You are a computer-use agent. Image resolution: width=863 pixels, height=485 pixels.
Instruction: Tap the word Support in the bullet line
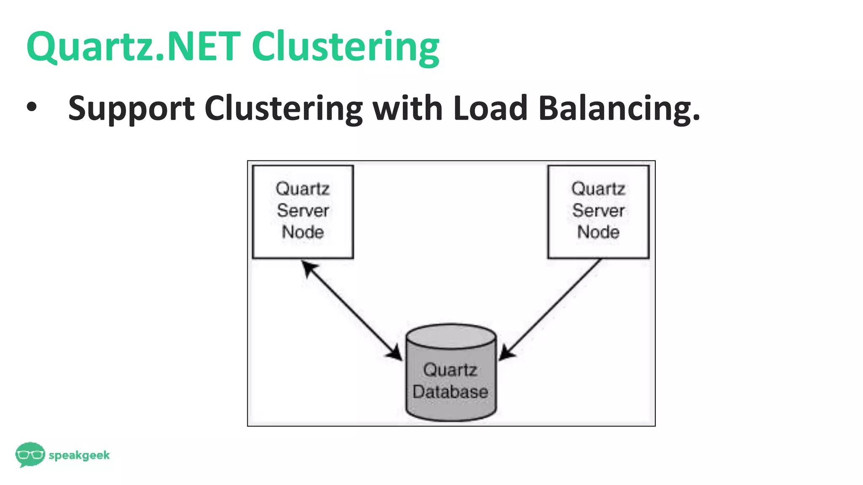tap(131, 109)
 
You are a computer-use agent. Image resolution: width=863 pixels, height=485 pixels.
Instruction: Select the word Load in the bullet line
tap(490, 108)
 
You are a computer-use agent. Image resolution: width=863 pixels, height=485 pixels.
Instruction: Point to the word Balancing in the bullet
tap(619, 109)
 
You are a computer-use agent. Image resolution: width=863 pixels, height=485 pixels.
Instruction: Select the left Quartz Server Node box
tap(303, 211)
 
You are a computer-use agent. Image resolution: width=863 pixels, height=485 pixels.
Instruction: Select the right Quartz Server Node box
tap(598, 211)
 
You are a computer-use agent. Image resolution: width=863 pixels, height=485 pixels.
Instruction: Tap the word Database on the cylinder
tap(450, 392)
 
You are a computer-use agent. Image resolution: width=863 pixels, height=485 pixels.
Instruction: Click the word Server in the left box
tap(303, 211)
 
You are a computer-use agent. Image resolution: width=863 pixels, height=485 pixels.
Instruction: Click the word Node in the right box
tap(598, 232)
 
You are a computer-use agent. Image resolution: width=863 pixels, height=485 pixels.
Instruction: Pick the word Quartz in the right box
tap(598, 189)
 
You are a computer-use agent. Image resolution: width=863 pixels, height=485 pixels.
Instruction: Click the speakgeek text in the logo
tap(79, 455)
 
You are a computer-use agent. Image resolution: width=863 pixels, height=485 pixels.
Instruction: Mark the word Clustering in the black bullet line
tap(284, 109)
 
